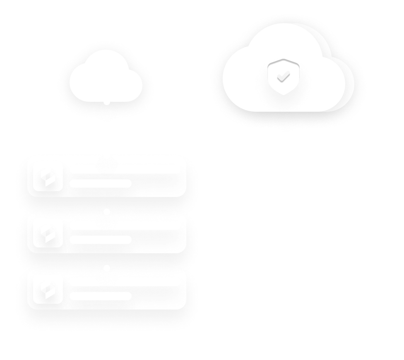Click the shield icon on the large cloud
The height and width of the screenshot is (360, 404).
(x=283, y=77)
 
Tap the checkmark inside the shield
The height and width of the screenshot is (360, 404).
(x=283, y=76)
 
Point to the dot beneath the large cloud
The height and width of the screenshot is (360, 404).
(x=286, y=112)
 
